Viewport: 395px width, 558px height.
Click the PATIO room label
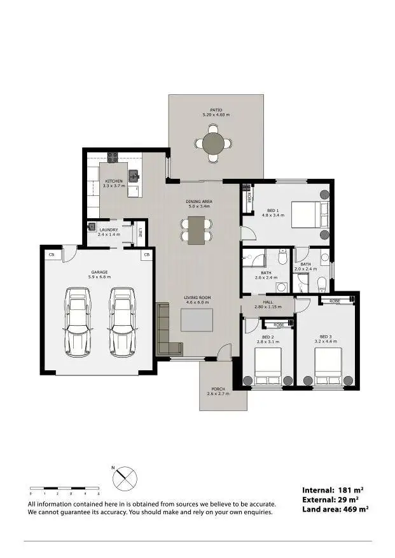216,109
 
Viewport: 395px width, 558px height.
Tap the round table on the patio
216,143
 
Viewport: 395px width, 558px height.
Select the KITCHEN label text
113,181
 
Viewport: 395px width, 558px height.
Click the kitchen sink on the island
134,176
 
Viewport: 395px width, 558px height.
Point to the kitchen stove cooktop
113,157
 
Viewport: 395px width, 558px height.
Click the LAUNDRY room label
108,230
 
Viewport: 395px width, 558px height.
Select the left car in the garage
78,322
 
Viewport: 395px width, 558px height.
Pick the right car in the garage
123,322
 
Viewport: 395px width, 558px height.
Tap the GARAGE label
100,272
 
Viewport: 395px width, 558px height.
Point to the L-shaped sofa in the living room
165,331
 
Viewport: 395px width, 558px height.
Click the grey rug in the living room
197,320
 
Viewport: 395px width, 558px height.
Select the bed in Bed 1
307,214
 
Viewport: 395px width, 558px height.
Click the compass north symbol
123,478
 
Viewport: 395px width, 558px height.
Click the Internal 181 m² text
335,490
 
